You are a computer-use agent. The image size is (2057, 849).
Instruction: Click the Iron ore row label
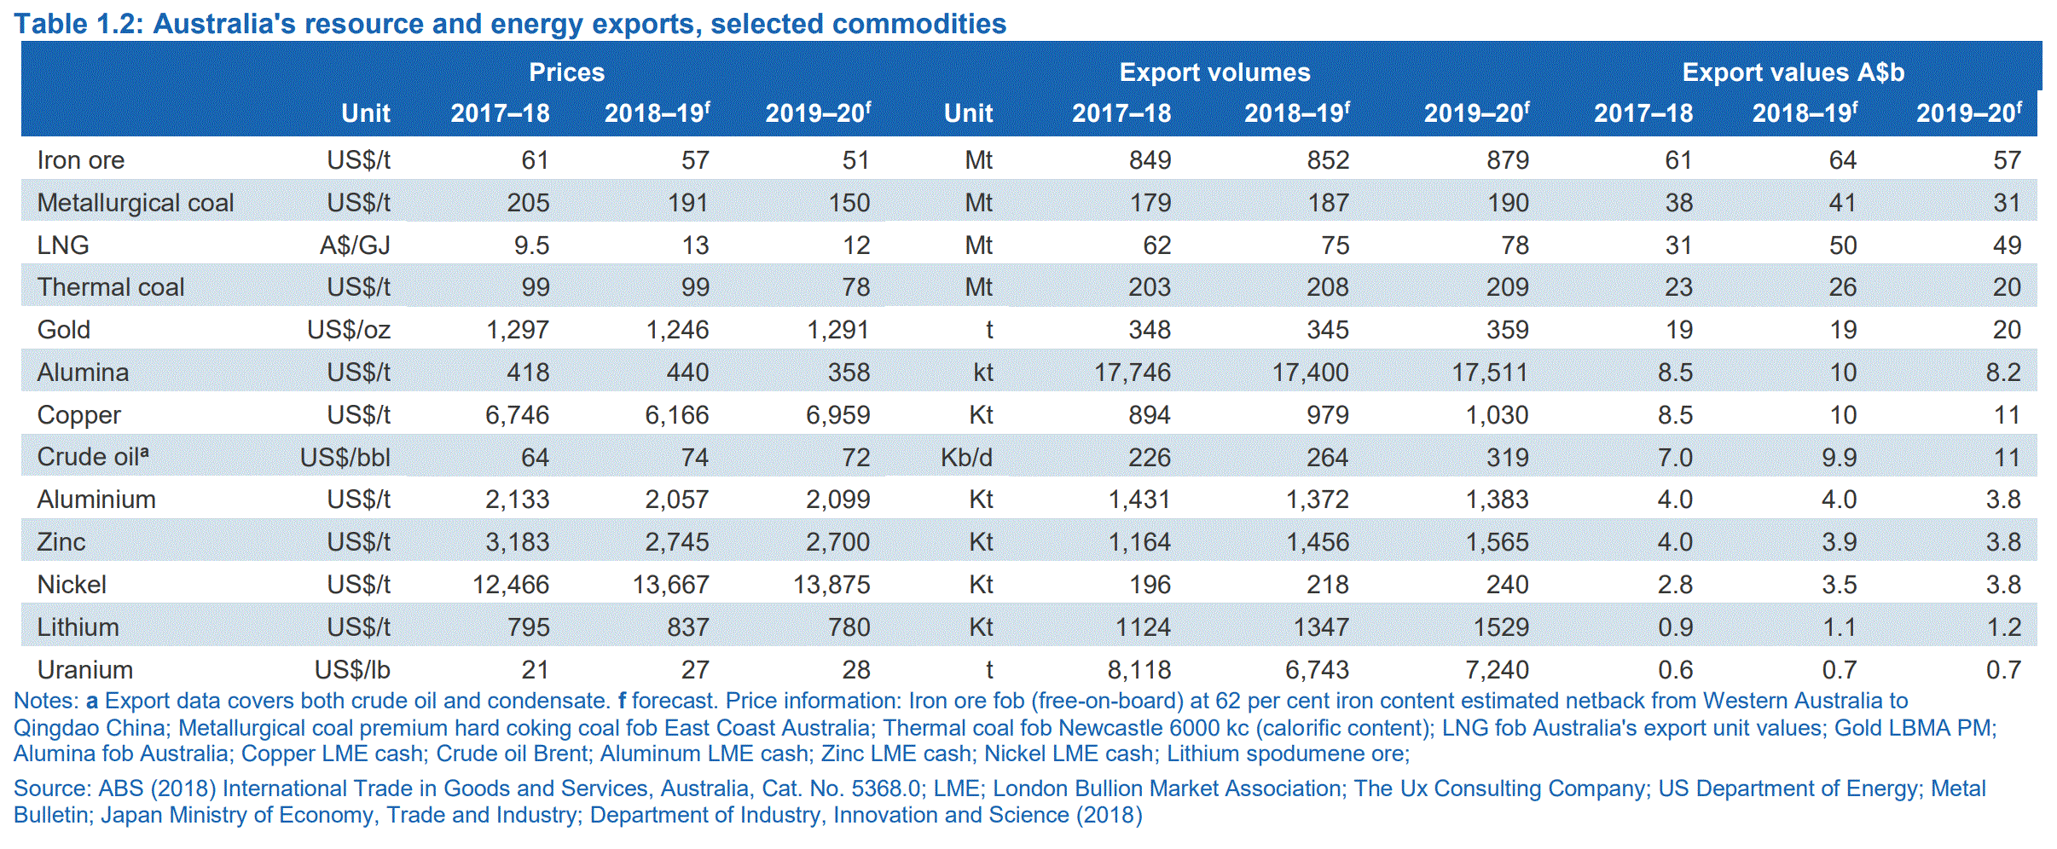click(x=81, y=160)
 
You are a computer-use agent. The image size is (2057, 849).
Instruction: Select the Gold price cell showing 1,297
click(x=518, y=330)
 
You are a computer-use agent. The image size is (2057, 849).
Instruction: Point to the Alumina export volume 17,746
click(x=1133, y=373)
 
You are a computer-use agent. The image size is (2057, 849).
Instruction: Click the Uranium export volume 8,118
click(x=1139, y=670)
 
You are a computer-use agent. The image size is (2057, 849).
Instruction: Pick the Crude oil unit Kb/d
click(x=966, y=458)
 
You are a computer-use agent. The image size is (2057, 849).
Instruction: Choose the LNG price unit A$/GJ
click(x=355, y=245)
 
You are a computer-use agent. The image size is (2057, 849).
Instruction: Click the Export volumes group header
click(x=1214, y=72)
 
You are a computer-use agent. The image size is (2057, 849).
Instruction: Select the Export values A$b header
click(x=1793, y=72)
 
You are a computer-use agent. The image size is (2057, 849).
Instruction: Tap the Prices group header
click(x=566, y=72)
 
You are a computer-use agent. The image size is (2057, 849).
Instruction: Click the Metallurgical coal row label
click(x=136, y=203)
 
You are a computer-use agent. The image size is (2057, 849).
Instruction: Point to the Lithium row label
click(x=78, y=627)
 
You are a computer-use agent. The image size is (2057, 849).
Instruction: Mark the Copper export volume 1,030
click(x=1497, y=415)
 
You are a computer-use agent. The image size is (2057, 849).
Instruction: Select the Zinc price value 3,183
click(x=518, y=542)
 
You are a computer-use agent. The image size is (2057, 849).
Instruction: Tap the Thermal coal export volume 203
click(x=1150, y=287)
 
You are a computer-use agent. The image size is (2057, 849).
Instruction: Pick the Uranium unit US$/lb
click(x=352, y=670)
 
